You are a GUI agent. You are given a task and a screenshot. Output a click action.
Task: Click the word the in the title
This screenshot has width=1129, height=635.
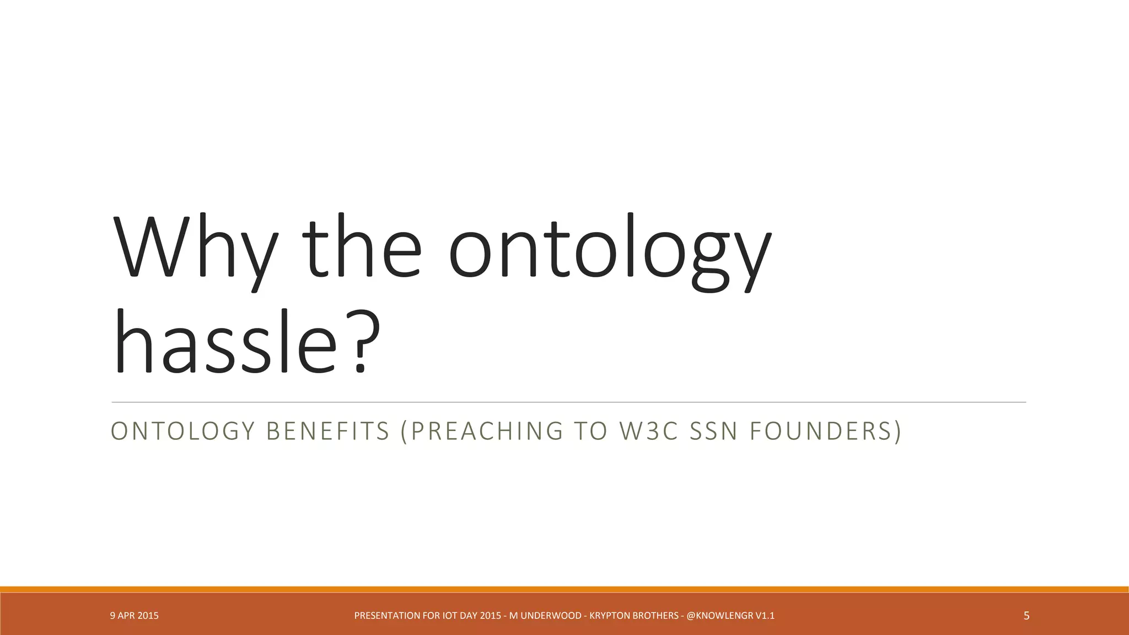(361, 248)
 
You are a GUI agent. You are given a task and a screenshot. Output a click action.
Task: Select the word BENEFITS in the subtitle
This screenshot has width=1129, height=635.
(328, 431)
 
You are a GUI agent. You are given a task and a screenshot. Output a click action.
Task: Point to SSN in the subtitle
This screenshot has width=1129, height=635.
(714, 431)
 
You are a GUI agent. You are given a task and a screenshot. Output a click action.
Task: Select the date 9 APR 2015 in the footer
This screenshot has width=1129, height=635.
(134, 616)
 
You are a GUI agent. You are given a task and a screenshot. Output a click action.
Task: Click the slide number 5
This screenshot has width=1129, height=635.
(1026, 616)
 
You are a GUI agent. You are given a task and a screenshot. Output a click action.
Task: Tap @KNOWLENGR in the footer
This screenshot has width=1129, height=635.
(719, 616)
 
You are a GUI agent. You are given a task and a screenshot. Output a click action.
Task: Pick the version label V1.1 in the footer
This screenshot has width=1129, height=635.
(765, 616)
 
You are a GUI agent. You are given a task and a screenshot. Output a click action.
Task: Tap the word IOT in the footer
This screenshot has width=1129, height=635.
(450, 616)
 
